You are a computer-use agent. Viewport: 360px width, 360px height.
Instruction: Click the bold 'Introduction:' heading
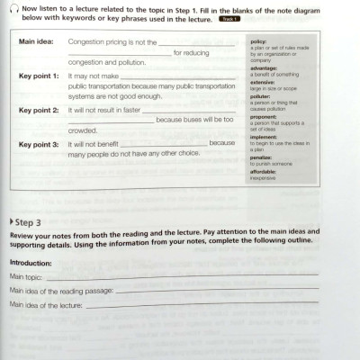(x=31, y=262)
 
